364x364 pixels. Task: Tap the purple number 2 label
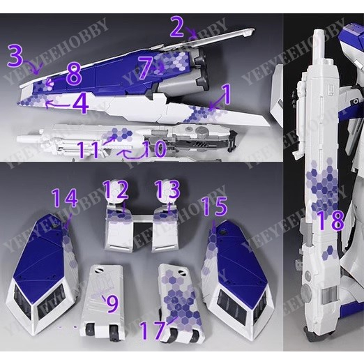[177, 27]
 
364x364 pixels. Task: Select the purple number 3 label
[15, 56]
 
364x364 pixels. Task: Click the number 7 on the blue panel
[145, 68]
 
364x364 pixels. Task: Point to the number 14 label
[64, 199]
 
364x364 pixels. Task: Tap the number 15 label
[214, 206]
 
